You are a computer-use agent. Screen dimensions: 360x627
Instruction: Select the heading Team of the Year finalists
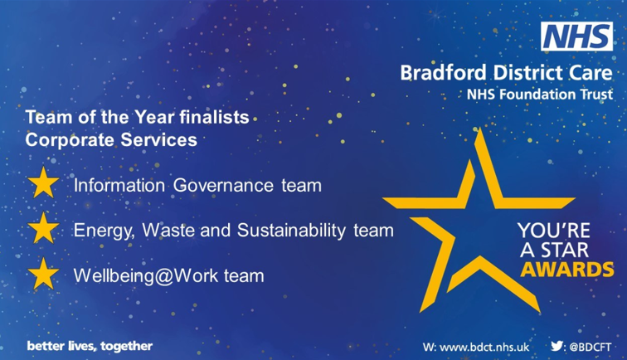138,119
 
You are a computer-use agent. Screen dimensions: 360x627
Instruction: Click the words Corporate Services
112,140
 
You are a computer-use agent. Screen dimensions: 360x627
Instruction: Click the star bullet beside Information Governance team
42,184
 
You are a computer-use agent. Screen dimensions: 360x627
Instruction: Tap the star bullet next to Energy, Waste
42,228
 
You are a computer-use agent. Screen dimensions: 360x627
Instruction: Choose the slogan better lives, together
90,345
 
